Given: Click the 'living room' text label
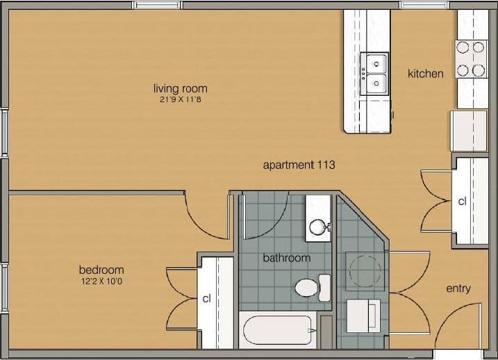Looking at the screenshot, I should pyautogui.click(x=180, y=89).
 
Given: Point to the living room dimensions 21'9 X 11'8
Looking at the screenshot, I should pyautogui.click(x=180, y=99).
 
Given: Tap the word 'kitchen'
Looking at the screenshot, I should pyautogui.click(x=425, y=73).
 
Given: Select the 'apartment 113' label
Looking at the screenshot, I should pyautogui.click(x=299, y=165).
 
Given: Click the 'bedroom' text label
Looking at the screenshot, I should pyautogui.click(x=101, y=270).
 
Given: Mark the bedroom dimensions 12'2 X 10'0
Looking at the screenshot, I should pyautogui.click(x=101, y=281).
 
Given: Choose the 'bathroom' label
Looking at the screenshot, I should pyautogui.click(x=286, y=258).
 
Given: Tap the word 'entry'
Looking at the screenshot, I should pyautogui.click(x=458, y=288).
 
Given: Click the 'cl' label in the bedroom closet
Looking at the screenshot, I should pyautogui.click(x=206, y=299).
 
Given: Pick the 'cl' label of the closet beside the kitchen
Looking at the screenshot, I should pyautogui.click(x=462, y=202).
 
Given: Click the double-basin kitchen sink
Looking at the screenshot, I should pyautogui.click(x=376, y=74).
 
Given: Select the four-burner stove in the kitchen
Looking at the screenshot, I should pyautogui.click(x=470, y=59).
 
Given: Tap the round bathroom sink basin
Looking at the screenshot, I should pyautogui.click(x=318, y=227).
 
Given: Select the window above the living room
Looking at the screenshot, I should pyautogui.click(x=156, y=5).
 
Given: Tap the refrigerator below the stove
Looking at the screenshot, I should pyautogui.click(x=470, y=130).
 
